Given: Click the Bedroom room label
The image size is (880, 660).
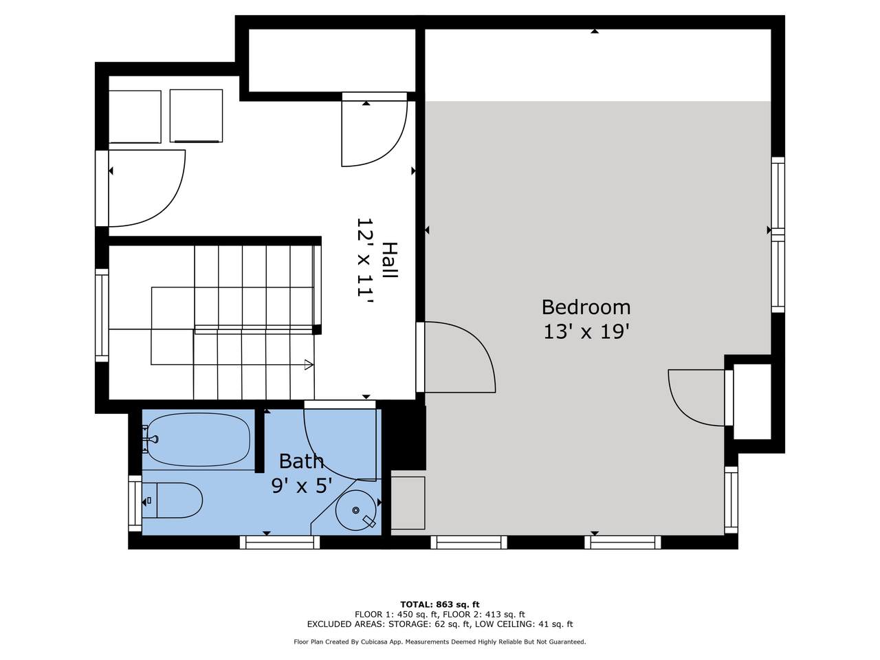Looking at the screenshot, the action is click(586, 307).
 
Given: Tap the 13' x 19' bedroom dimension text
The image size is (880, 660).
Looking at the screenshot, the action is click(586, 332).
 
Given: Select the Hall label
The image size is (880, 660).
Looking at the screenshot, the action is click(390, 261).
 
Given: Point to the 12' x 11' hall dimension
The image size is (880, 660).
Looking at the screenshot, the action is click(365, 263).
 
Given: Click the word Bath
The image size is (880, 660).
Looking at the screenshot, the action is click(301, 461).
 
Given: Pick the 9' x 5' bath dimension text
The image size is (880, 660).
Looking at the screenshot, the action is click(302, 487).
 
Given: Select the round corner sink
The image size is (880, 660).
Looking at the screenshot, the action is click(356, 510).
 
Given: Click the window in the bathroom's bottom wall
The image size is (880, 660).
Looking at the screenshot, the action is click(280, 542).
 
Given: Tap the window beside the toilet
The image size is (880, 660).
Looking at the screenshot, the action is click(135, 503).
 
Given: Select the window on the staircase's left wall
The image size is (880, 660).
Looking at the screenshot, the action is click(102, 315).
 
